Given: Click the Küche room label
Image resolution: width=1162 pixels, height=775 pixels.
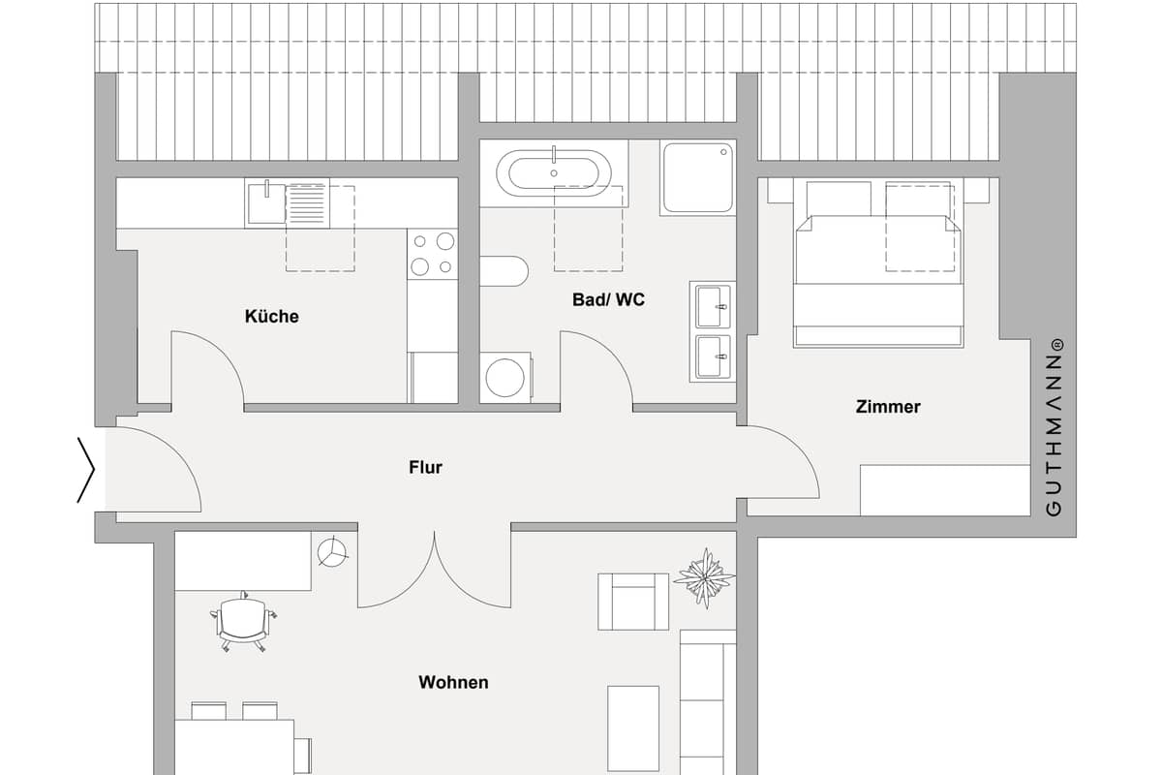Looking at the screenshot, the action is point(272,316).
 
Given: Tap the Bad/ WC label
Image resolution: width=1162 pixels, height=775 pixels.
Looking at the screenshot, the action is point(608,299).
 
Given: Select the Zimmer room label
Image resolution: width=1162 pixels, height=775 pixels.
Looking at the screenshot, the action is point(888,407).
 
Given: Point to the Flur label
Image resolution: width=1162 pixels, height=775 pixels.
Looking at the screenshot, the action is point(425,467).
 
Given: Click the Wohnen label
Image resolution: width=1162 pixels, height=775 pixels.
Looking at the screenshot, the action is point(453,682).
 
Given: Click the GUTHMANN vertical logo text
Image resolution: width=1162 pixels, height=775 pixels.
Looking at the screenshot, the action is point(1055,427).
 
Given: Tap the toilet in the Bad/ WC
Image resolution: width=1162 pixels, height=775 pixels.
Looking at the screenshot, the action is point(505,271).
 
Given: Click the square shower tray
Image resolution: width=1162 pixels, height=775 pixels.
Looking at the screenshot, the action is point(698,177).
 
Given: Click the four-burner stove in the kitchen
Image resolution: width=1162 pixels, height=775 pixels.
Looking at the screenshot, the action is point(433,255).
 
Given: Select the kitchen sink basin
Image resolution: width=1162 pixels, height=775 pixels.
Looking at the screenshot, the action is point(266,203).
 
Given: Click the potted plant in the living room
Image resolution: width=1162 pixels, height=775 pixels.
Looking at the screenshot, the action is point(705,577).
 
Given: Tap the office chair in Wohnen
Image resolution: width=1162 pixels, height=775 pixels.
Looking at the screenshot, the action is point(243,621).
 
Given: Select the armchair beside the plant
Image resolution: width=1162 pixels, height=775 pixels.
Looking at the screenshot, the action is point(633,602).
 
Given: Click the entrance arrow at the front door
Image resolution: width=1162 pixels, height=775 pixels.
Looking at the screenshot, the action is point(86,470).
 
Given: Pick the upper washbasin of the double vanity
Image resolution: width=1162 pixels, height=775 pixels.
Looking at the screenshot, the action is point(714,306).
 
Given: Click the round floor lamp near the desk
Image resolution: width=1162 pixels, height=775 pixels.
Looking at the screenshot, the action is point(332,552).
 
